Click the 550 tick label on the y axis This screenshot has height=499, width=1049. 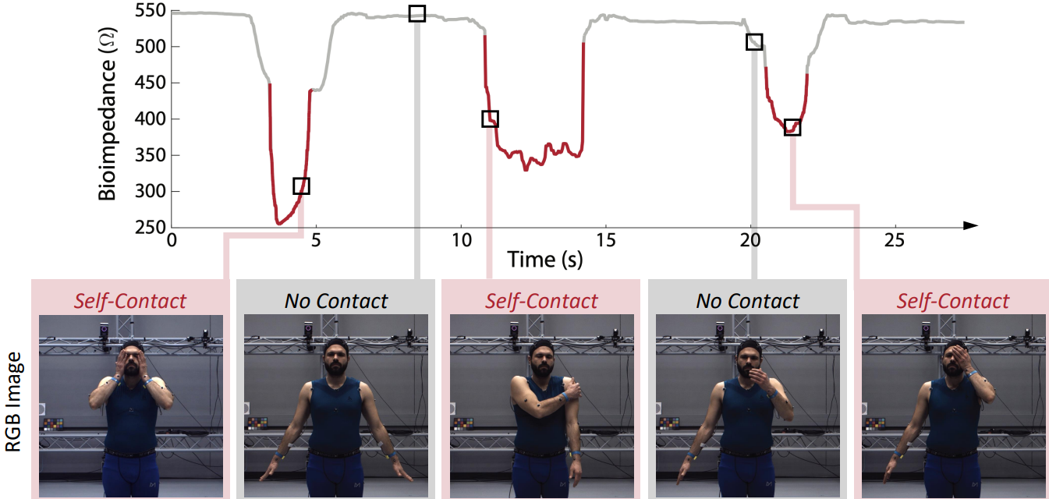point(148,11)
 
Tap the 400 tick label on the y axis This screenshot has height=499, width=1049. point(148,119)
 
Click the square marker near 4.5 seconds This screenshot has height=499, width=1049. point(301,186)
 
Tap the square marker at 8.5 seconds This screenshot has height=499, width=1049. point(417,13)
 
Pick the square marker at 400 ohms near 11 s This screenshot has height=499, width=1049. point(490,119)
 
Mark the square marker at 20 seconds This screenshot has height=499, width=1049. point(753,42)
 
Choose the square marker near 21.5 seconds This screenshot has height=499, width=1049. point(792,127)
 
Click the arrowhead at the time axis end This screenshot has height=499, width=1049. point(970,226)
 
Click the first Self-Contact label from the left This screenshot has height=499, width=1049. point(130,300)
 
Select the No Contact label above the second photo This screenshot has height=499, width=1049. point(336,300)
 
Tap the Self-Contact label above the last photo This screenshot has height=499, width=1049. point(953,300)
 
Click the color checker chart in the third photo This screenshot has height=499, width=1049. point(464,423)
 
